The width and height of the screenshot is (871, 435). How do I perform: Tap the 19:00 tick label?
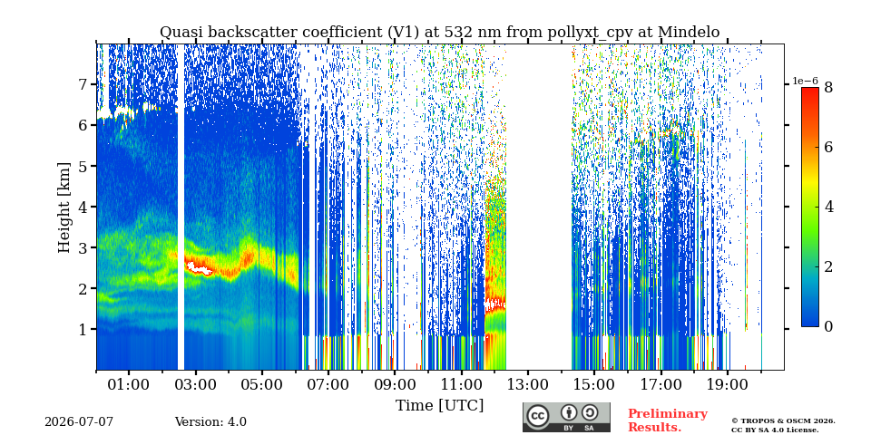pyautogui.click(x=727, y=384)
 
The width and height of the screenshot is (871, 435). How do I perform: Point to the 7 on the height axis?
pyautogui.click(x=86, y=84)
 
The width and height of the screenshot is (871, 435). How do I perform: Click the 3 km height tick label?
pyautogui.click(x=86, y=247)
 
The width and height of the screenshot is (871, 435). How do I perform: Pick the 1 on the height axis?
pyautogui.click(x=86, y=330)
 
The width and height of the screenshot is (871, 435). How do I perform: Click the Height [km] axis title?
pyautogui.click(x=65, y=208)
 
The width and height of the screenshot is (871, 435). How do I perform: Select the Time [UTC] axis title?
pyautogui.click(x=439, y=406)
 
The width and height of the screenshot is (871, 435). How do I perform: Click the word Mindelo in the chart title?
pyautogui.click(x=689, y=33)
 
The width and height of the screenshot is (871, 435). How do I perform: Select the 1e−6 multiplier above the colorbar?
pyautogui.click(x=805, y=81)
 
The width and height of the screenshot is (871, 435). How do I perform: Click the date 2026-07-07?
pyautogui.click(x=79, y=422)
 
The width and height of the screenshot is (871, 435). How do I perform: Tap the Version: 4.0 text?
pyautogui.click(x=210, y=422)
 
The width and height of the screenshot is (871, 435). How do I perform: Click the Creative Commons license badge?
pyautogui.click(x=566, y=417)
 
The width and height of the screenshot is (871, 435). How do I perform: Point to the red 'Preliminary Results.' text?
pyautogui.click(x=668, y=420)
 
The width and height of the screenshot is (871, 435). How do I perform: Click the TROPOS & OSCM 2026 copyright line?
pyautogui.click(x=783, y=421)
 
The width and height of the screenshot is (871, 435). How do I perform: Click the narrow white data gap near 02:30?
pyautogui.click(x=181, y=207)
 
